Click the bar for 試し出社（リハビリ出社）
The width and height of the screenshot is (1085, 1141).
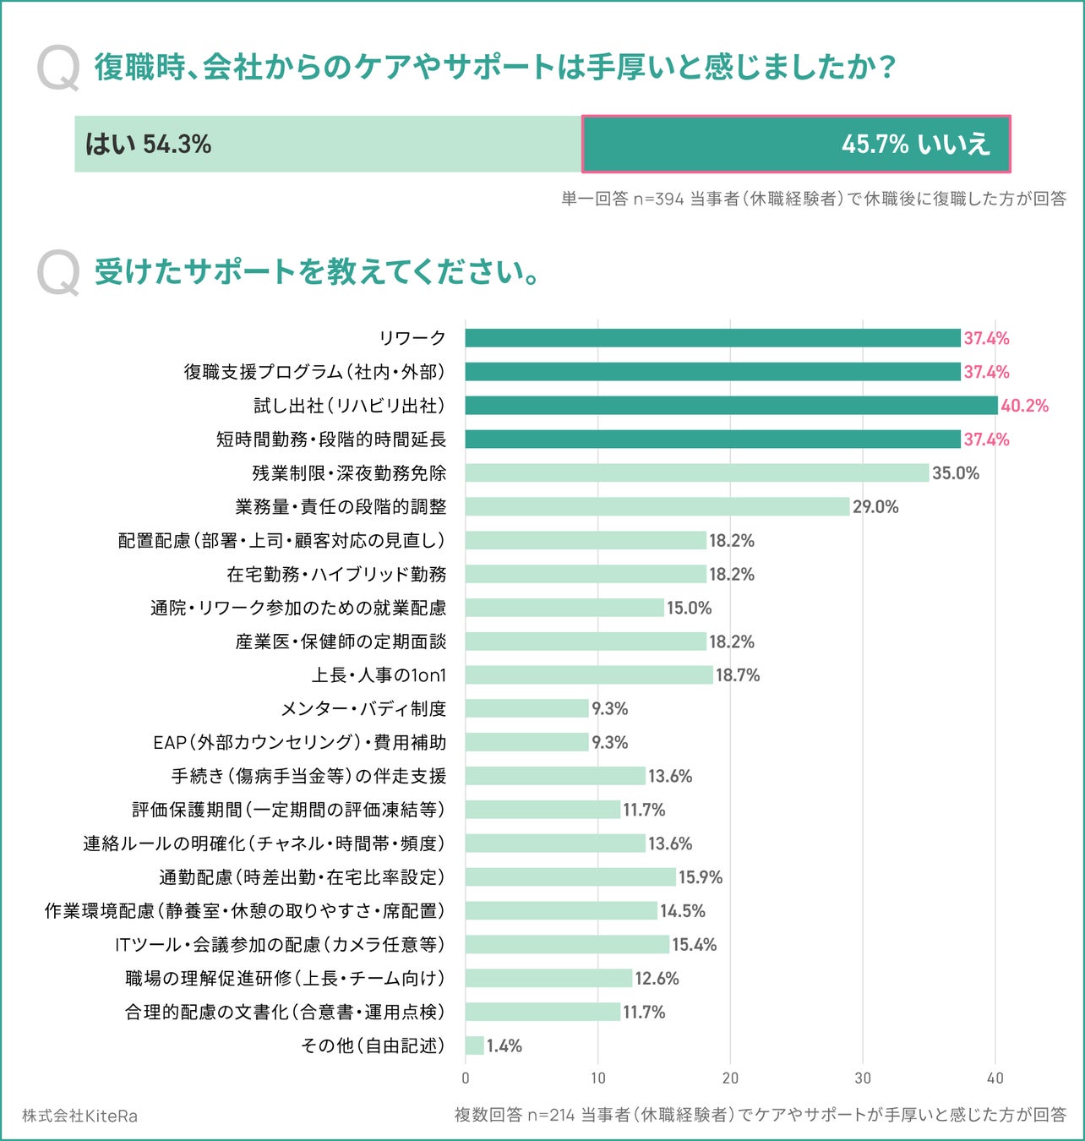click(731, 406)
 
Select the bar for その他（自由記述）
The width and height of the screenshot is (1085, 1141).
click(475, 1045)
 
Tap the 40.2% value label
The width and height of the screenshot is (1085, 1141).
click(1024, 406)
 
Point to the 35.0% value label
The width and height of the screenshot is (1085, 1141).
click(956, 473)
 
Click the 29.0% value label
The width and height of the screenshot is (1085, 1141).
click(875, 507)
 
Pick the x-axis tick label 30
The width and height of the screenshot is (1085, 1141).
click(863, 1078)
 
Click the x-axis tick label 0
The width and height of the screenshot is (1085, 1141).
click(466, 1078)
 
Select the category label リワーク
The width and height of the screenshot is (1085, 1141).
click(412, 338)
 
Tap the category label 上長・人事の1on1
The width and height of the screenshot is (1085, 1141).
click(379, 675)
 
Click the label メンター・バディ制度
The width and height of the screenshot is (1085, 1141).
click(363, 709)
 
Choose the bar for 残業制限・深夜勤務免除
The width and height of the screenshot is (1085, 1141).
click(697, 473)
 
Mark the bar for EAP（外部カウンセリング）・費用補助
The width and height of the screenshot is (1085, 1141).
click(526, 742)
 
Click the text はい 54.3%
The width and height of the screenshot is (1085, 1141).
click(148, 145)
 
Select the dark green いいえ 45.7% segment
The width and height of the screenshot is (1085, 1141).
click(795, 145)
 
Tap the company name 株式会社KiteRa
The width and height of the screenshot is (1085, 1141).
click(79, 1116)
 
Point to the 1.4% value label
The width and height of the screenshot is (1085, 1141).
click(504, 1046)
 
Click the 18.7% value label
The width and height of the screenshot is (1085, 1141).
click(738, 675)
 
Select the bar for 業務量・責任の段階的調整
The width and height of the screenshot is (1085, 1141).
click(657, 507)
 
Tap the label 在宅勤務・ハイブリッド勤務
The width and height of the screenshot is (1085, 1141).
click(336, 575)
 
